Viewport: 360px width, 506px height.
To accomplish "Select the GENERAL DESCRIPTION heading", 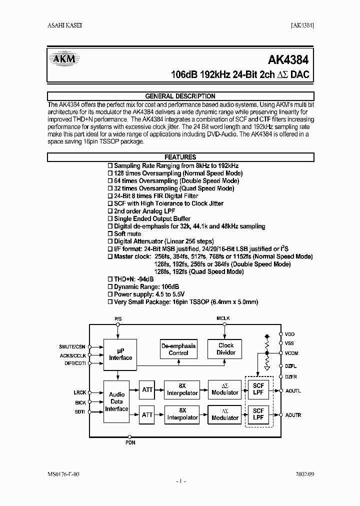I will (x=180, y=96).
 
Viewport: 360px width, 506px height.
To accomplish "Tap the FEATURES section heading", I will (x=180, y=157).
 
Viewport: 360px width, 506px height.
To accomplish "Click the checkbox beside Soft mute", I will (x=110, y=234).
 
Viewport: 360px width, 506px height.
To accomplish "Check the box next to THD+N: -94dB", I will (x=110, y=279).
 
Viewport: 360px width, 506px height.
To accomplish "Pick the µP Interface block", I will (x=120, y=354).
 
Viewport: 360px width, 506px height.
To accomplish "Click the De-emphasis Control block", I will (x=178, y=349).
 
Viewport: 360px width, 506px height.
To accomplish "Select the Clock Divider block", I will (x=226, y=349).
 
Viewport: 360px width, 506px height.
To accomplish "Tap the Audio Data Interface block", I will (x=116, y=401).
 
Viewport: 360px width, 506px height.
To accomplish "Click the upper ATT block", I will (x=147, y=390).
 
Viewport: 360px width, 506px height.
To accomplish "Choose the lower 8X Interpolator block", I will (x=181, y=414).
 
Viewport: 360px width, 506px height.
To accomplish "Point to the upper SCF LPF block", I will (x=258, y=389).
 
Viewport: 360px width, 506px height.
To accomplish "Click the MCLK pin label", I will (x=223, y=318).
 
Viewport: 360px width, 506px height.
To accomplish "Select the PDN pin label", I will (x=129, y=443).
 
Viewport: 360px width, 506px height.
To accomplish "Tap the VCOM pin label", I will (x=291, y=352).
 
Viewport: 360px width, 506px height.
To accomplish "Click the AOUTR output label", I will (x=293, y=415).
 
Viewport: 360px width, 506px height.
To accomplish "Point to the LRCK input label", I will (x=80, y=393).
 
